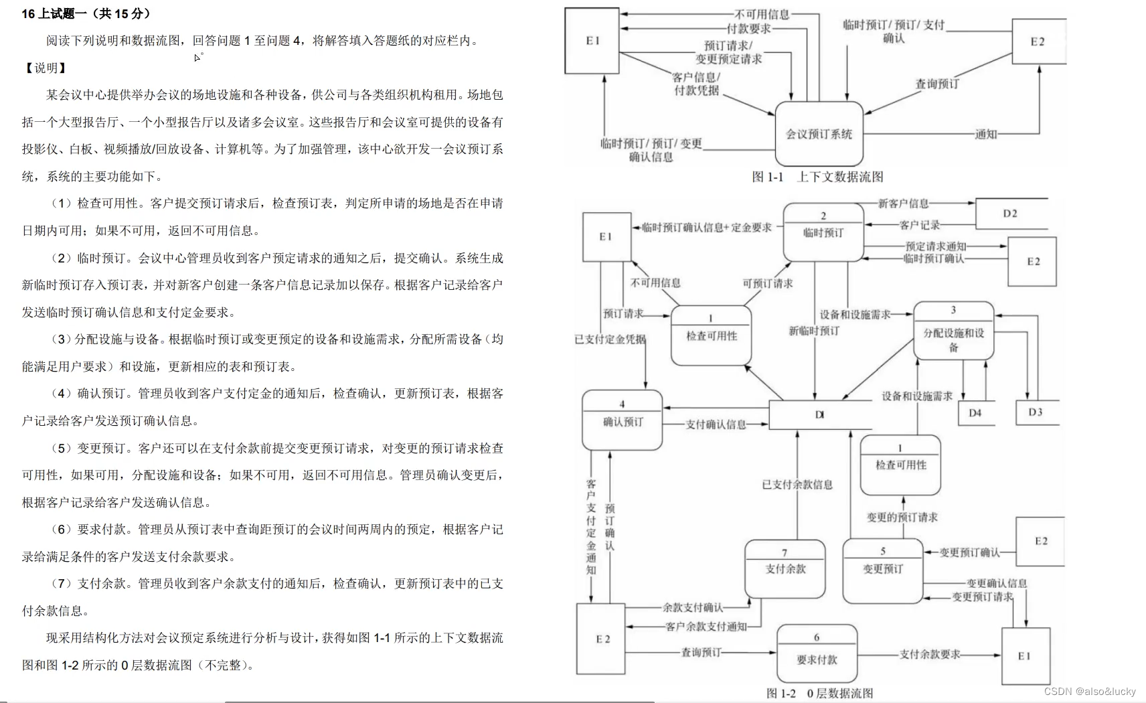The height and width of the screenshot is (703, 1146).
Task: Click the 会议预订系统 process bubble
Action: [819, 134]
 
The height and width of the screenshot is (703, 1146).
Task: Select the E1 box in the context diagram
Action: [592, 41]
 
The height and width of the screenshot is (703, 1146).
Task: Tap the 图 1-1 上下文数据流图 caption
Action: [817, 177]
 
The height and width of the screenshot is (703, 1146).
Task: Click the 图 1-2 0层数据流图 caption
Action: [819, 693]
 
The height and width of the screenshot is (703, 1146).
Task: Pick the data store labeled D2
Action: [1010, 214]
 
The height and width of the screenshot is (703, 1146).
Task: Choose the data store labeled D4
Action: [975, 413]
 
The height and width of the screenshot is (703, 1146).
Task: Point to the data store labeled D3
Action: [1036, 412]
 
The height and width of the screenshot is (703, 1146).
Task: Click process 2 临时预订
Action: [823, 232]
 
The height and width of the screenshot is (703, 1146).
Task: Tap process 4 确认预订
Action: [623, 421]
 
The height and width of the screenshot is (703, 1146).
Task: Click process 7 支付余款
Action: [785, 568]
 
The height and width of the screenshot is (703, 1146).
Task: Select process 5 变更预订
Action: [882, 568]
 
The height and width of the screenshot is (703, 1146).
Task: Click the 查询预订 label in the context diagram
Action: [937, 84]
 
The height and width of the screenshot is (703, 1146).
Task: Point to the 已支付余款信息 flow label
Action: [797, 484]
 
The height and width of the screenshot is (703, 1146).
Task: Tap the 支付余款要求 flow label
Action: [930, 654]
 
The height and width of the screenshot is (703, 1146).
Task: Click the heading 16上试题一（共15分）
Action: [86, 13]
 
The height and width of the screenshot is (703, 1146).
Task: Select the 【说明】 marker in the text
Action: [46, 68]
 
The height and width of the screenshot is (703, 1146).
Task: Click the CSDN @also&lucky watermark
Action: [1090, 692]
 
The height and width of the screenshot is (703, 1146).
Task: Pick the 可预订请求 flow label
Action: [767, 283]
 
